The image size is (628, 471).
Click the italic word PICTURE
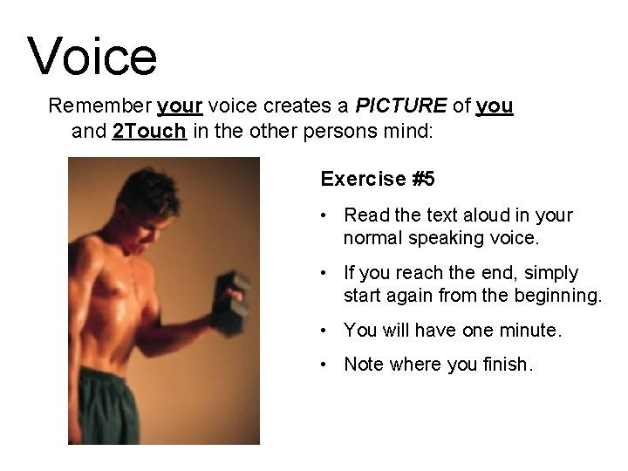[x=400, y=106]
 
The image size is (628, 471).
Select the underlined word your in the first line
[x=180, y=106]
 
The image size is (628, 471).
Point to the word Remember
[x=98, y=106]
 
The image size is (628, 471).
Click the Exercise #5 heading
[x=378, y=180]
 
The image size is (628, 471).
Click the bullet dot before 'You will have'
[x=324, y=331]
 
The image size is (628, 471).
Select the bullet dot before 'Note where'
[x=324, y=365]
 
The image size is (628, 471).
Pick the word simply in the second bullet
[x=551, y=273]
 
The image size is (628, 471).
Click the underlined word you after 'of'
[x=495, y=106]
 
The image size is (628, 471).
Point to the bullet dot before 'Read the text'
[x=324, y=215]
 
